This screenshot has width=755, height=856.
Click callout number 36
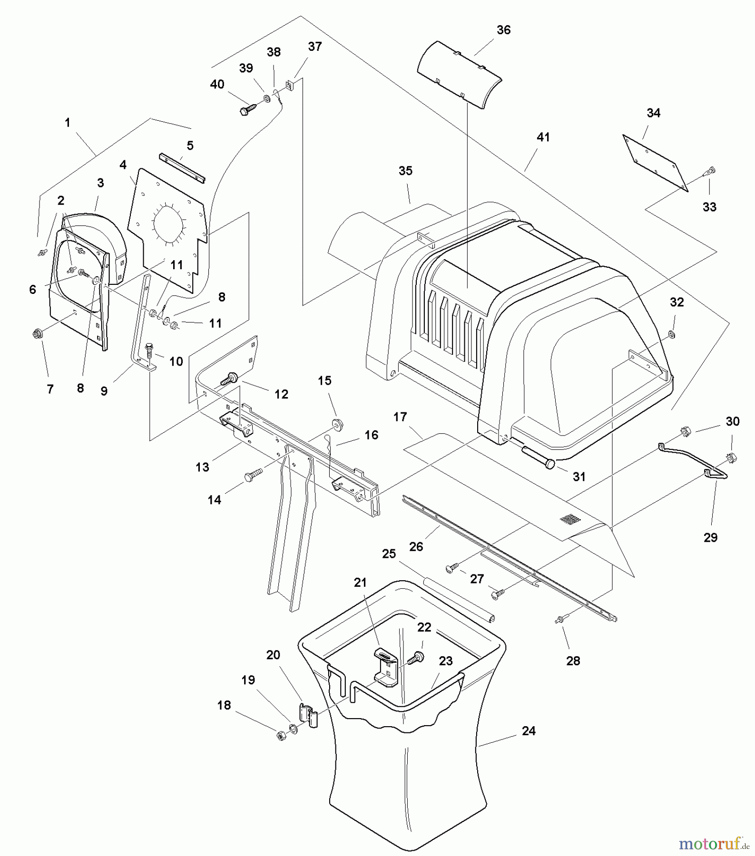click(x=503, y=30)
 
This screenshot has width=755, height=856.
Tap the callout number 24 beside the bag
click(x=529, y=731)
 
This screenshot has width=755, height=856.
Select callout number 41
click(x=543, y=137)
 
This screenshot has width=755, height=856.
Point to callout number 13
click(x=202, y=467)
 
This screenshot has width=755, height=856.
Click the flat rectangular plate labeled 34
click(x=655, y=163)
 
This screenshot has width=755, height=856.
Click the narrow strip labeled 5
click(x=182, y=167)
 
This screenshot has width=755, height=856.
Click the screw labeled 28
click(x=559, y=620)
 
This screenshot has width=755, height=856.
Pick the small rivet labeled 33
click(x=711, y=170)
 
